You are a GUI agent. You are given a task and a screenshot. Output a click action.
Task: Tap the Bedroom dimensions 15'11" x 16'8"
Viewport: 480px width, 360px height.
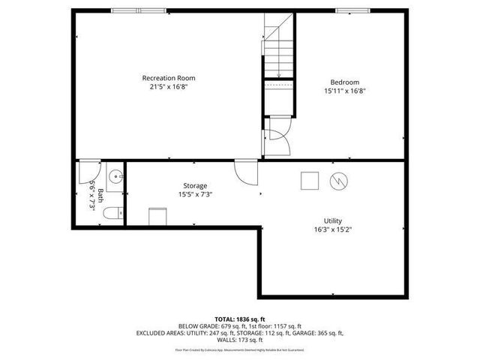[345, 91]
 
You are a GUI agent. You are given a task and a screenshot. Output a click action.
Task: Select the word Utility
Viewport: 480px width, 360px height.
[333, 220]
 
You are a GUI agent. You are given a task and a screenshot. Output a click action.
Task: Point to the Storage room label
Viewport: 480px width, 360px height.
[195, 185]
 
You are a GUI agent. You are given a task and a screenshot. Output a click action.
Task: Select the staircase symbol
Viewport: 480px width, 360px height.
[277, 49]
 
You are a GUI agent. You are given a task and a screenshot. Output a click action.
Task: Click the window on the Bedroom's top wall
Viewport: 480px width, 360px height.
[352, 10]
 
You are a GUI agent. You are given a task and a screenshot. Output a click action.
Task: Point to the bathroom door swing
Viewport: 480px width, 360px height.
[88, 171]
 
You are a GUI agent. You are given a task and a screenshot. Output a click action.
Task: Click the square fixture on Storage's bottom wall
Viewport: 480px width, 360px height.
[157, 216]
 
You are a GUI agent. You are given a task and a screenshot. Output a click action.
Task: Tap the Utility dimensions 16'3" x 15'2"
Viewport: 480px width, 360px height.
[333, 230]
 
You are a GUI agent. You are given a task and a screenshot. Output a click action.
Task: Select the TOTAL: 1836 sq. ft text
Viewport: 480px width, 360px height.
[240, 319]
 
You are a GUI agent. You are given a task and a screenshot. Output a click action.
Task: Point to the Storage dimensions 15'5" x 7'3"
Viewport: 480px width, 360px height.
[195, 194]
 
